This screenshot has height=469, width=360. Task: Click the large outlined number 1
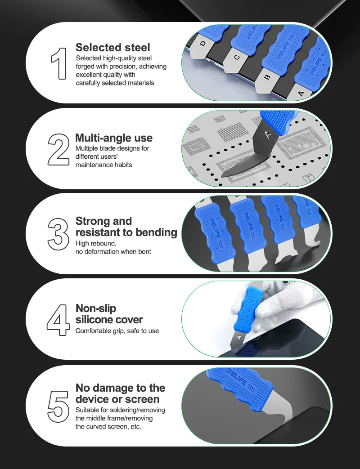click(x=59, y=63)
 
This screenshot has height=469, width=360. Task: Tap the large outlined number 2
click(x=58, y=149)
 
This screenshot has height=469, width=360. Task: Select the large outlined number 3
click(x=58, y=234)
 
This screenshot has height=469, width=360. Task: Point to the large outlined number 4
click(x=58, y=319)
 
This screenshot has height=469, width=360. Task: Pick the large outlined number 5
click(x=58, y=406)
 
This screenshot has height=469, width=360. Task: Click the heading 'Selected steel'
click(x=113, y=47)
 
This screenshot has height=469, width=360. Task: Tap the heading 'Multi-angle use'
click(x=114, y=138)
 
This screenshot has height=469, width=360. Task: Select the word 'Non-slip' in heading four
click(x=96, y=308)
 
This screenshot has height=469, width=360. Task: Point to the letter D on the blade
click(x=203, y=44)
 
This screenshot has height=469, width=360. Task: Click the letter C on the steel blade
click(x=237, y=57)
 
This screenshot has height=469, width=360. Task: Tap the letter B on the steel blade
click(x=267, y=77)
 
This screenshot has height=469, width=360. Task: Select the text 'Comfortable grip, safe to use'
click(x=117, y=331)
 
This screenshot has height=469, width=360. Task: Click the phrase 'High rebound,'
click(x=96, y=243)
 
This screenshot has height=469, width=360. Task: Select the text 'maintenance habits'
click(x=103, y=165)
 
